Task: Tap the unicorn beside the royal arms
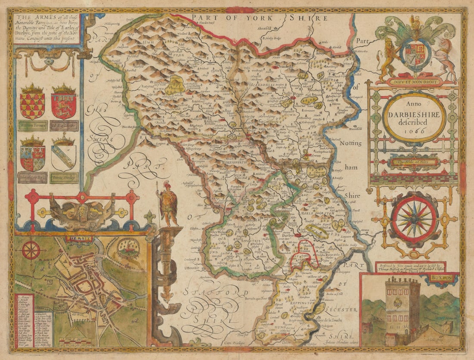446,56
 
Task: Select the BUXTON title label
443,278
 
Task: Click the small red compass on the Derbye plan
31,250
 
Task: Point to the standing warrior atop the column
168,202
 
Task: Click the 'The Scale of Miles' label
413,162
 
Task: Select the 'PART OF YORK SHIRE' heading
260,18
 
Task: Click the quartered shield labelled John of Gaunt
32,158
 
